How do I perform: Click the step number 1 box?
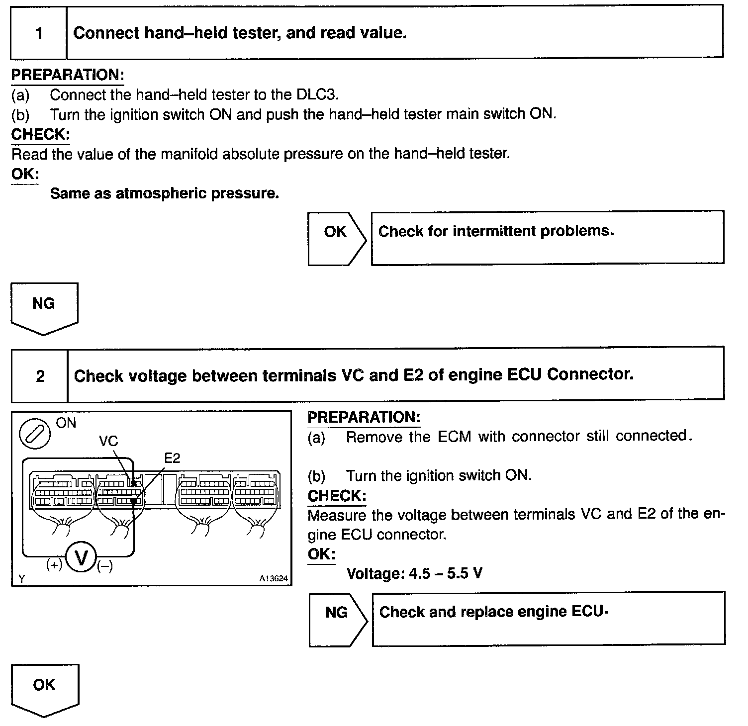click(39, 33)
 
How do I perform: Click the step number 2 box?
click(40, 376)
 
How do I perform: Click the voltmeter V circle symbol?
click(80, 558)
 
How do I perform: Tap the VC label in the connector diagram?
click(108, 441)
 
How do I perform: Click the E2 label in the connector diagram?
click(172, 458)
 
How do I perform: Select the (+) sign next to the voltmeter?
click(54, 565)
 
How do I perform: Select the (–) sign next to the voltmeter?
click(104, 566)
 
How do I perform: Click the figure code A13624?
click(273, 579)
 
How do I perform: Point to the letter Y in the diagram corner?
click(22, 579)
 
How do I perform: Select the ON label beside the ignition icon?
click(66, 423)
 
